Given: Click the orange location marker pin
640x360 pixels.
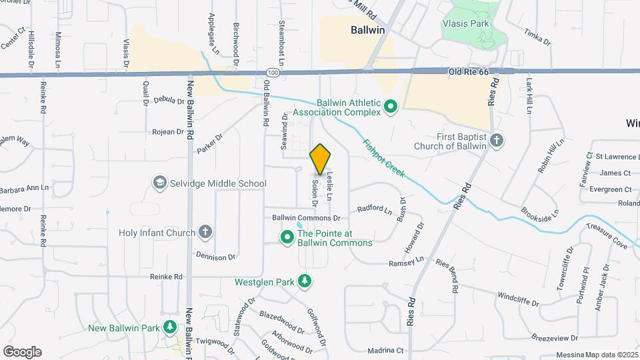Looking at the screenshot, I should [x=321, y=159].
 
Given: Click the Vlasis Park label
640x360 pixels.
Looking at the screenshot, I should [x=466, y=23].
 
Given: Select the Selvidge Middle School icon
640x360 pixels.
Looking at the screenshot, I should [x=159, y=183].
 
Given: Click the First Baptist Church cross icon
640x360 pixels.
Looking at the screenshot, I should [x=496, y=141].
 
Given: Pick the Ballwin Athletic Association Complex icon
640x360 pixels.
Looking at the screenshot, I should [x=391, y=106].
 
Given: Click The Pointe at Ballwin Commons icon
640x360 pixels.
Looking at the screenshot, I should [x=287, y=237].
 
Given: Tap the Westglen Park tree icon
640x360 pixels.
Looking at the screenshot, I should [x=305, y=281].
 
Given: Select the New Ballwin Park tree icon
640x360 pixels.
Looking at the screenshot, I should [x=171, y=327].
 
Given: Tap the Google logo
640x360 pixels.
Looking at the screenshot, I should [x=22, y=351].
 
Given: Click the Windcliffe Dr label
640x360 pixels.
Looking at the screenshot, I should [x=517, y=297].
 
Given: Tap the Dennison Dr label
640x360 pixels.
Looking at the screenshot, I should [x=216, y=255].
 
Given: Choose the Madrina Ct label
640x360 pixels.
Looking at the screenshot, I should [x=386, y=350].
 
